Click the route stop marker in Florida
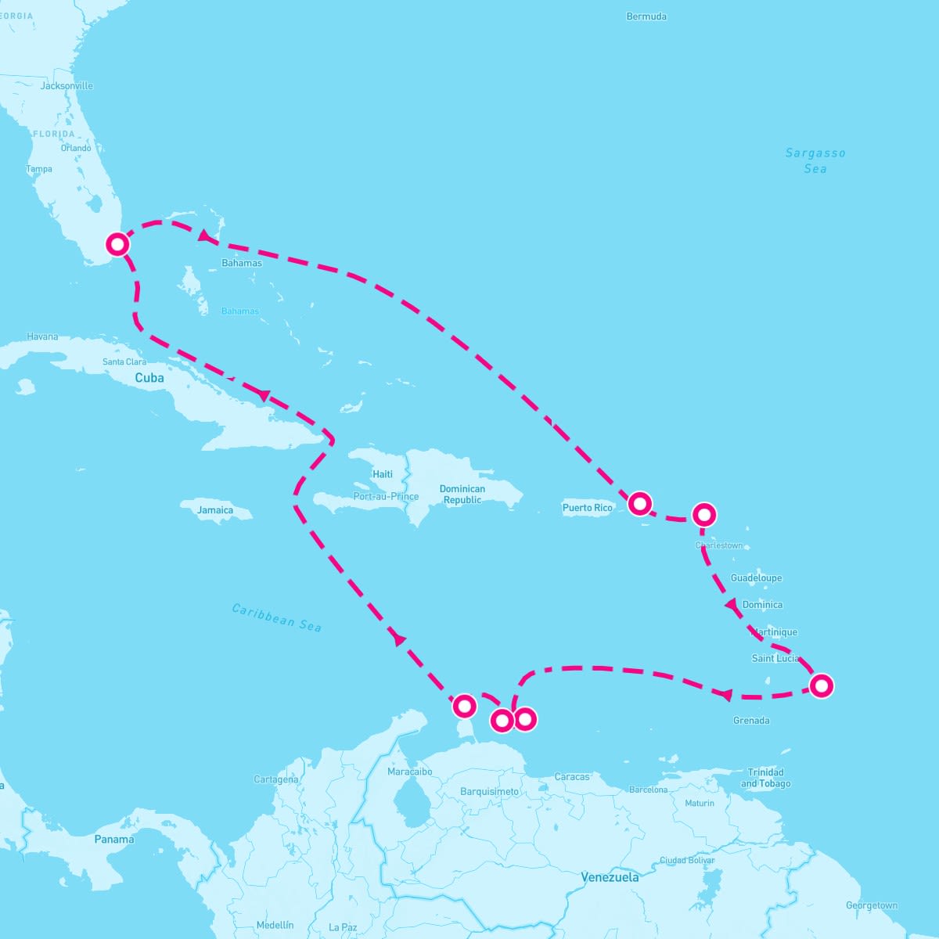pos(117,245)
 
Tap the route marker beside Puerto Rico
pos(639,503)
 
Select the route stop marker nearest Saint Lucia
pos(821,686)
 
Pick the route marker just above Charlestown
pos(704,515)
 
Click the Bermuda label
pos(646,16)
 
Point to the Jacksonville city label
pos(67,86)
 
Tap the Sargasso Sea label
pos(815,160)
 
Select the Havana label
pos(42,337)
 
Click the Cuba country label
pos(149,378)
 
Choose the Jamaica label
pos(215,510)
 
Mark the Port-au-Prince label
pos(386,497)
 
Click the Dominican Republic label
pos(462,495)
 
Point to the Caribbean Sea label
pos(277,617)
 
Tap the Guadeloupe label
pos(756,578)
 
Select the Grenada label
pos(751,721)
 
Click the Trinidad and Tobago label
pos(765,778)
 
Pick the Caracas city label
pos(572,777)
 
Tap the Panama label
pos(114,840)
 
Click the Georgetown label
pos(872,906)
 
